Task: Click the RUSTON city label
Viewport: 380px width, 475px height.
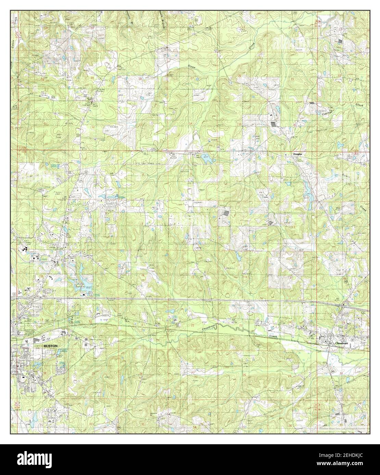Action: (50, 346)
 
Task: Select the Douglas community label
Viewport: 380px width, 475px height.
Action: (297, 154)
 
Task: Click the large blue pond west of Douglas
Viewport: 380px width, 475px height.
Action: (206, 159)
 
